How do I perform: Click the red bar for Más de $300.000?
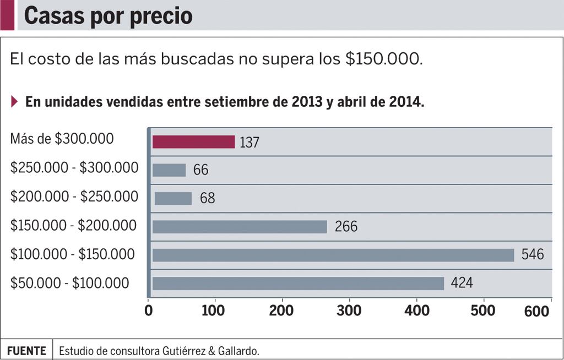tap(193, 142)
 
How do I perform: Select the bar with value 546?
tap(333, 255)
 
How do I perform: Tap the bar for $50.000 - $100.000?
tap(298, 283)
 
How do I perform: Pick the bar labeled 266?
tap(240, 227)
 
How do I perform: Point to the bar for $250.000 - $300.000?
tap(169, 170)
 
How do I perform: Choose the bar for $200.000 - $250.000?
tap(173, 198)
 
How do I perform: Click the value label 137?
tap(250, 143)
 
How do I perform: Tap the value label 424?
tap(462, 283)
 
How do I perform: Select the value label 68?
tap(207, 199)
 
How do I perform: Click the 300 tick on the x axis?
tap(350, 311)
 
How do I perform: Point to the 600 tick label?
tap(536, 312)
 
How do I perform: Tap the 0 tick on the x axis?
tap(148, 311)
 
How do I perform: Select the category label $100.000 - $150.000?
tap(72, 255)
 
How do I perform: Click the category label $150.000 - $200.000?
tap(73, 226)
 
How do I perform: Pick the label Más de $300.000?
tap(62, 139)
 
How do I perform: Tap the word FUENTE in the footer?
tap(26, 351)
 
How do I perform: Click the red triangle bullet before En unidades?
tap(14, 102)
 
